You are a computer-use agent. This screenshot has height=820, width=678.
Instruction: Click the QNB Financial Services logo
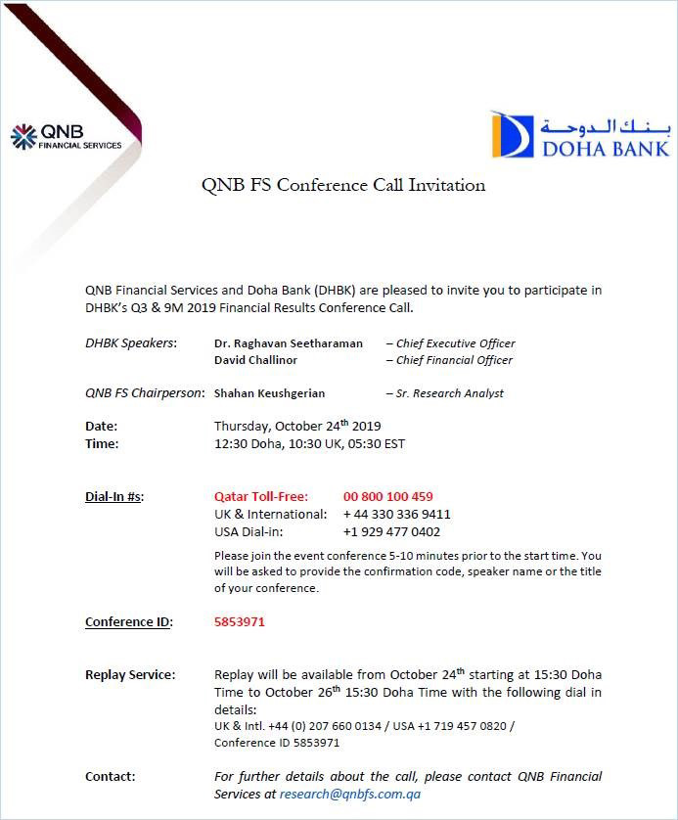pos(66,137)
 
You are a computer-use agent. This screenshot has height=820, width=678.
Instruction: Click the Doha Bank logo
pos(580,136)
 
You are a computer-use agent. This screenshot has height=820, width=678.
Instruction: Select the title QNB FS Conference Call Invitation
pos(342,185)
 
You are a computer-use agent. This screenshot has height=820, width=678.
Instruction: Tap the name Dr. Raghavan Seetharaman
pos(289,343)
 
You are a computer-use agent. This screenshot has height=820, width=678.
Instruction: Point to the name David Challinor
pos(256,360)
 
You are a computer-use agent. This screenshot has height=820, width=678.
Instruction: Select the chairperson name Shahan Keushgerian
pos(269,393)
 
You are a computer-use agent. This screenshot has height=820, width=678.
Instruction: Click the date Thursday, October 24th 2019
pos(297,427)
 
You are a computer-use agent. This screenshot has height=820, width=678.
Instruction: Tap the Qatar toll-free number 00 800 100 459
pos(387,497)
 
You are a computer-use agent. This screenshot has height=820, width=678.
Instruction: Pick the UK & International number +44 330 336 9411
pos(396,515)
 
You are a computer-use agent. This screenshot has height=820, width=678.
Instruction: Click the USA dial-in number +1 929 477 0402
pos(391,532)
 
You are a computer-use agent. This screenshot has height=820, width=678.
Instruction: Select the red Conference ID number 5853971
pos(240,621)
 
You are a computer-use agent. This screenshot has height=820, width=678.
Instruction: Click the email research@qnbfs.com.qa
pos(349,795)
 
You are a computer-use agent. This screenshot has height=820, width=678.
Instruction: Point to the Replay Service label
pos(130,675)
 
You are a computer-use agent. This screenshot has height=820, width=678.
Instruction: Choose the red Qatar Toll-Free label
pos(261,497)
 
